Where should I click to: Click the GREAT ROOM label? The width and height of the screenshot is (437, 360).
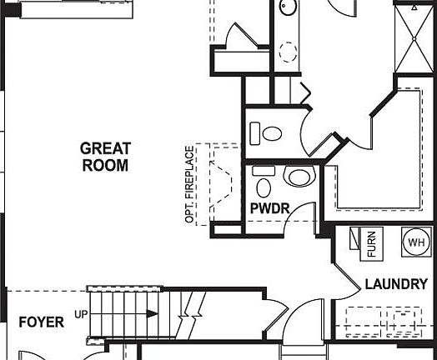coord(105,157)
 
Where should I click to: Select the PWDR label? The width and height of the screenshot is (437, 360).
coord(269,207)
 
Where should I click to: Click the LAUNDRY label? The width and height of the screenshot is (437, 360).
coord(395,284)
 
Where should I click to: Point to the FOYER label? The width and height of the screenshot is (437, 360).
coord(41,322)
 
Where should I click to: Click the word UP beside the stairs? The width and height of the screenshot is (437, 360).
coord(81,314)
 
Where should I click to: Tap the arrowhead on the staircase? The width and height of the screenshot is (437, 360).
coord(153,314)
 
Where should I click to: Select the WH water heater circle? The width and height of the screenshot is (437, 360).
coord(414,242)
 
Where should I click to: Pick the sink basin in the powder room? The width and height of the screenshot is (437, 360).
coord(297,177)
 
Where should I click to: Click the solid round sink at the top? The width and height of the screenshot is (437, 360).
coord(287,8)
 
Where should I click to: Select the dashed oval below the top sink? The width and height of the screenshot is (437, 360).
coord(289,52)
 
